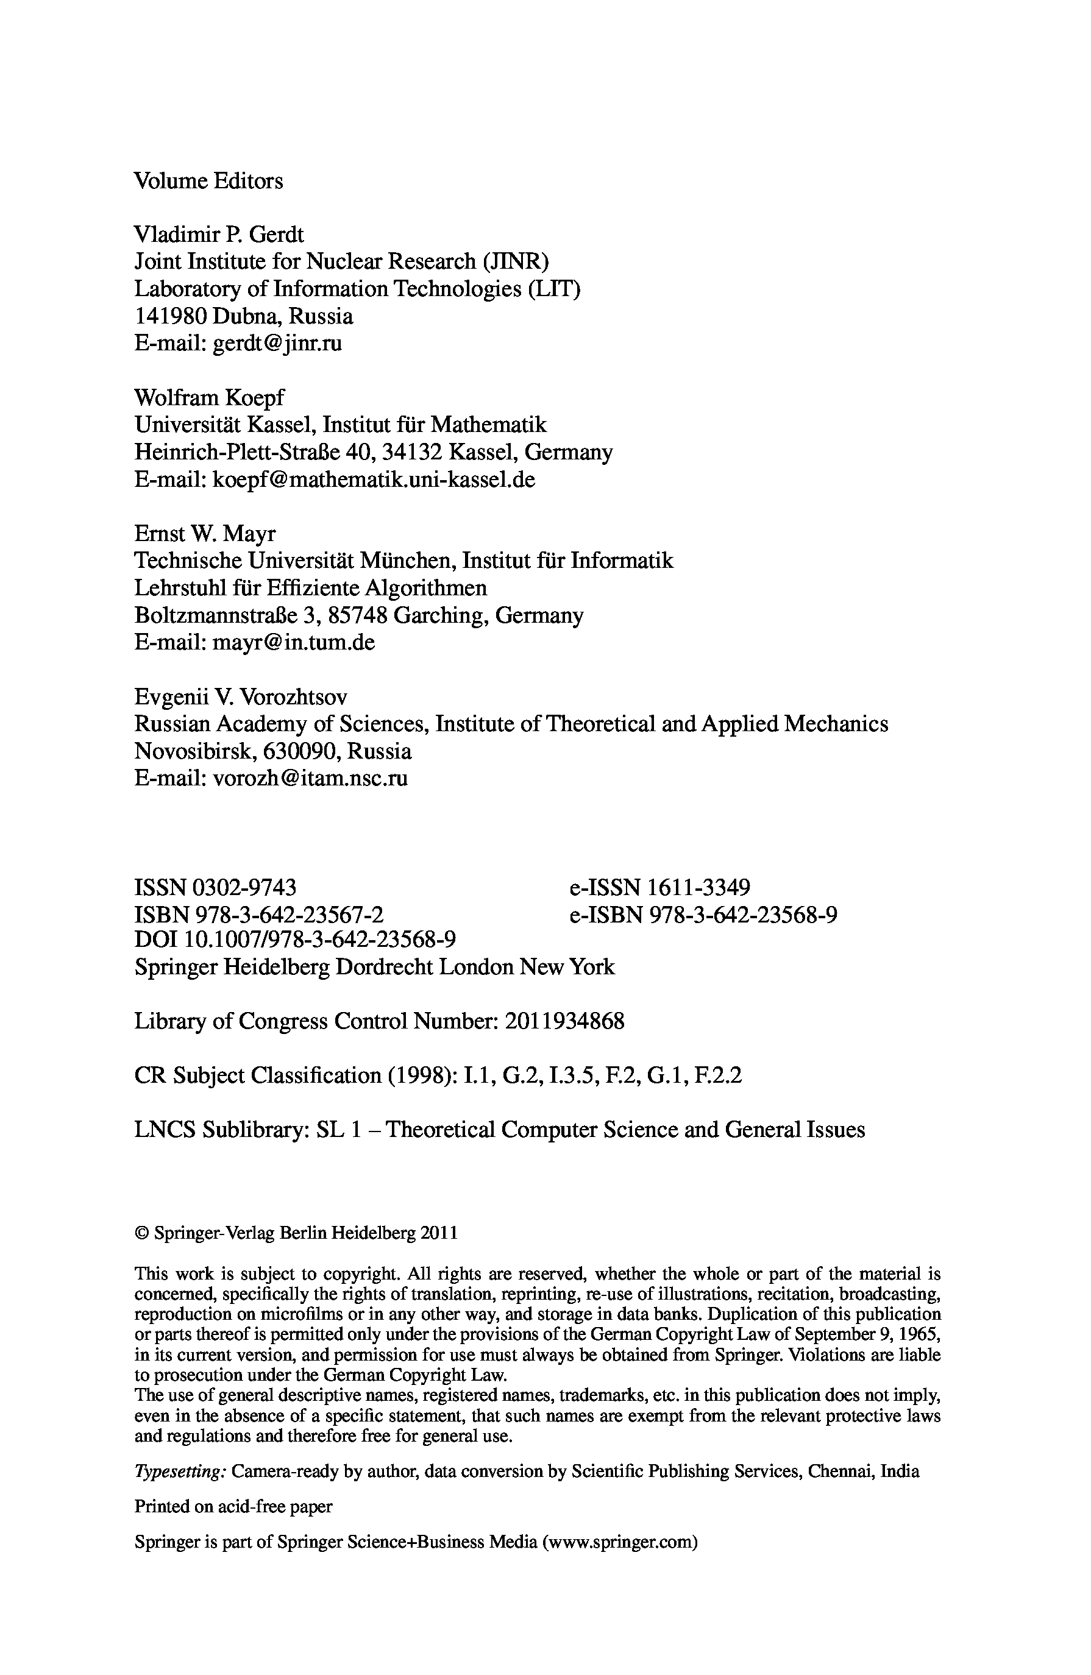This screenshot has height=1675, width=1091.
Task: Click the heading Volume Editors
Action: [x=208, y=181]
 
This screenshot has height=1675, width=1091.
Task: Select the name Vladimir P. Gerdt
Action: [x=219, y=235]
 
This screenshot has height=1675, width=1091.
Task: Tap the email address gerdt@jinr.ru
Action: [x=277, y=344]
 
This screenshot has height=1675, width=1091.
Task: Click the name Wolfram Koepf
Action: [x=209, y=398]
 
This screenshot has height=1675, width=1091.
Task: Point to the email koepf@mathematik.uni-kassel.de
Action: [x=374, y=480]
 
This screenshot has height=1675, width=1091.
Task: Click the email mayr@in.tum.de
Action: [x=294, y=643]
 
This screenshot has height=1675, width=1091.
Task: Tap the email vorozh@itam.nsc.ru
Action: [x=310, y=778]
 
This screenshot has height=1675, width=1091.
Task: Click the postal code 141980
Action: [x=170, y=316]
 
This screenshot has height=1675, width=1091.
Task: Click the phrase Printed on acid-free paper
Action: [x=233, y=1507]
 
